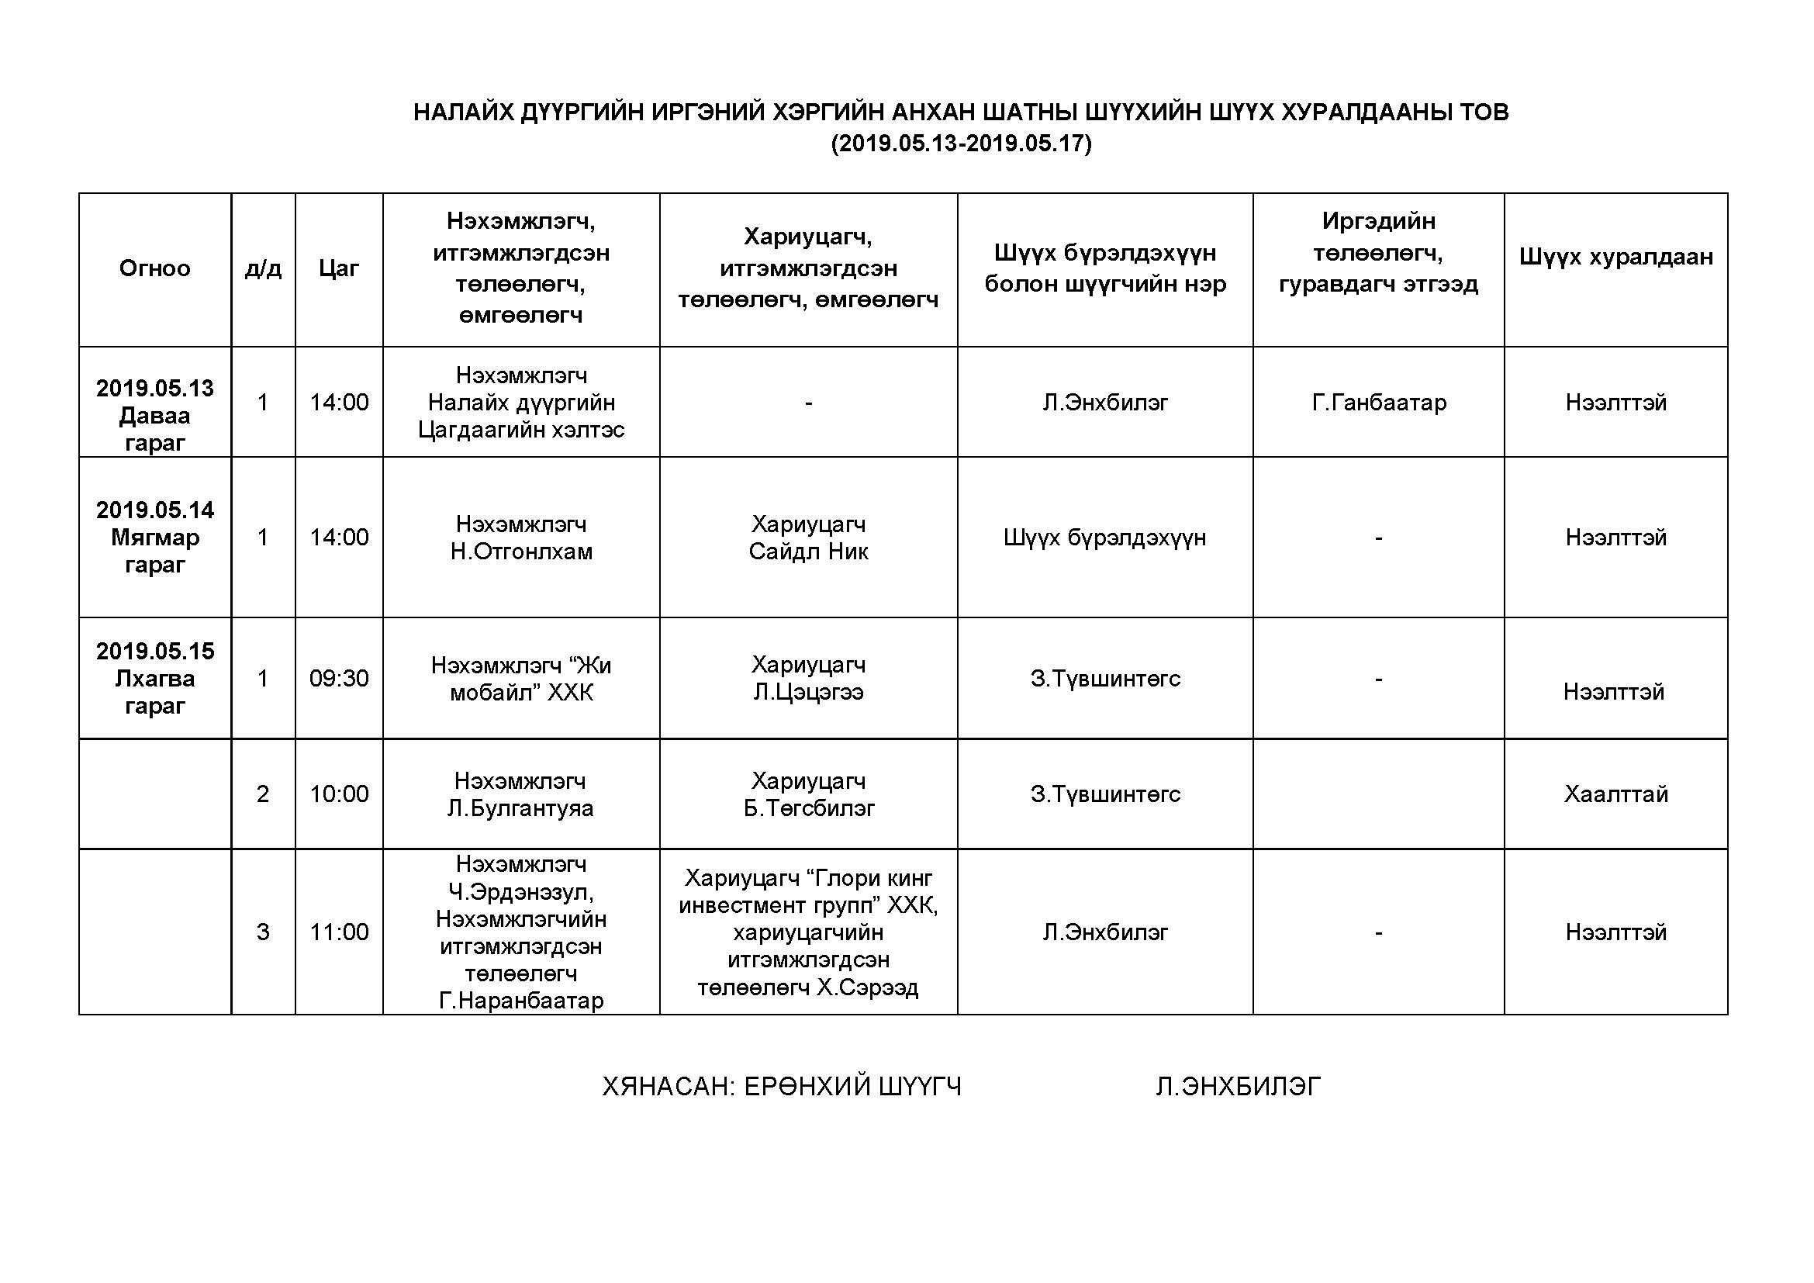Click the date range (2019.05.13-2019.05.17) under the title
point(961,144)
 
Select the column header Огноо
point(155,268)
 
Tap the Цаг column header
point(339,268)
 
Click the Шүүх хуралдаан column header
point(1615,257)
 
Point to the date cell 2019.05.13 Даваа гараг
point(155,416)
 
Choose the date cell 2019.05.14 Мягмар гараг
point(155,538)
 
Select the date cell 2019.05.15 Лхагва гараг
point(155,678)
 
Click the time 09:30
point(339,678)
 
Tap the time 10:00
point(339,794)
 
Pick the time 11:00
point(339,932)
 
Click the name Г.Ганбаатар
point(1379,403)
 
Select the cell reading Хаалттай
point(1615,794)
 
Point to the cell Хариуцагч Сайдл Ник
point(808,538)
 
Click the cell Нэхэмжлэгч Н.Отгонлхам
point(521,538)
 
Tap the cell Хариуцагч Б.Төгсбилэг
point(808,794)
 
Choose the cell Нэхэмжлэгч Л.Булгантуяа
point(520,794)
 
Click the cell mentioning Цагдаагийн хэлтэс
point(521,403)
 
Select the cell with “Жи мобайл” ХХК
point(521,679)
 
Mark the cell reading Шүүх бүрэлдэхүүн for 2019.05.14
point(1104,538)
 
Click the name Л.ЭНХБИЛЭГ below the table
point(1238,1087)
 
